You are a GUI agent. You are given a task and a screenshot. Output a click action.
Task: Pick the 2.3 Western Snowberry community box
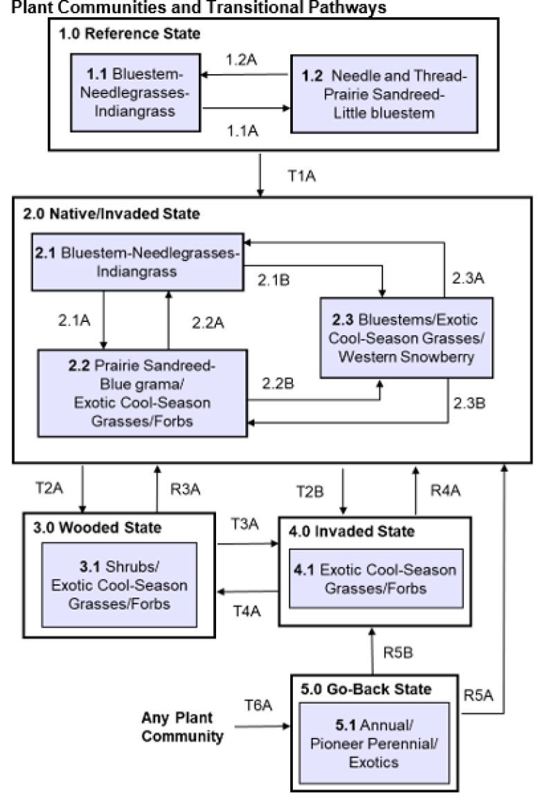[x=406, y=338]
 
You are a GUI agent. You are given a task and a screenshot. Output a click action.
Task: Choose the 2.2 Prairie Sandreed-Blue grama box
[x=142, y=393]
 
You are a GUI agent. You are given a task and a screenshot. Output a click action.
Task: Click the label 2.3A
[x=470, y=279]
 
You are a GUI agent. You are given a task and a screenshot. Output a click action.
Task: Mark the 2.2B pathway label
[x=279, y=383]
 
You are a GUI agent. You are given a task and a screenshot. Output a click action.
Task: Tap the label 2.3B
[x=470, y=402]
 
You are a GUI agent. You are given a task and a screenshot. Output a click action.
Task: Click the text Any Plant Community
[x=183, y=726]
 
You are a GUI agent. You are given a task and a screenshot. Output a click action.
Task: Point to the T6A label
[x=258, y=704]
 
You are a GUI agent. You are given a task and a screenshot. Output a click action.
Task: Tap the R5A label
[x=479, y=697]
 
